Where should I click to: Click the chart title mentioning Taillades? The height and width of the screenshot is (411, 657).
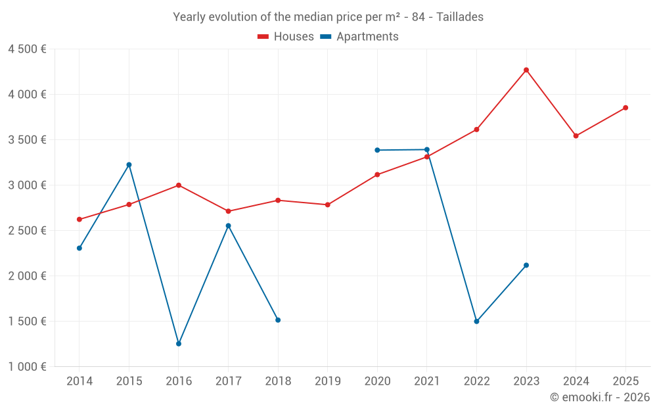(328, 17)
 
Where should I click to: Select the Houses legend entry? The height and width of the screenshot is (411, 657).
(286, 37)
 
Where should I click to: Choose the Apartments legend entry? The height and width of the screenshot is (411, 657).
(359, 37)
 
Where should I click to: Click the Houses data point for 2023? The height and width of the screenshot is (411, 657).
(526, 70)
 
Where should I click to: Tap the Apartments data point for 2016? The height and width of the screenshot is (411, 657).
(179, 344)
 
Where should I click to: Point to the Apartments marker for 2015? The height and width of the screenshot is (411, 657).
(129, 164)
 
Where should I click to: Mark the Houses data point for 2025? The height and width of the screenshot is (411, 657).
(625, 108)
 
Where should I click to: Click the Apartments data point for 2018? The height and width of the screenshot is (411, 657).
(278, 320)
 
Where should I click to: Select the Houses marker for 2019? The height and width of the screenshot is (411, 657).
(328, 205)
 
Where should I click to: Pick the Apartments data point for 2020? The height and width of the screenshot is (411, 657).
(377, 150)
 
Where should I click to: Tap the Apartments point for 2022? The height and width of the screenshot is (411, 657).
(476, 322)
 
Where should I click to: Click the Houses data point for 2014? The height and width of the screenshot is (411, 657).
(79, 220)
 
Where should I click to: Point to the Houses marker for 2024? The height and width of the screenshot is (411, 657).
(576, 136)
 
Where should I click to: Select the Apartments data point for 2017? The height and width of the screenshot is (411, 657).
(229, 226)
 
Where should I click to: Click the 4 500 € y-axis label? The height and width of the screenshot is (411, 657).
(27, 49)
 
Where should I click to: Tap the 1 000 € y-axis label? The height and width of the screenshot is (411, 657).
(27, 367)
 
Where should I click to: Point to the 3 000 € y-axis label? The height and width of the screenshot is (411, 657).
(27, 185)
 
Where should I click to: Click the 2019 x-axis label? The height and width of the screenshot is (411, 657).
(328, 381)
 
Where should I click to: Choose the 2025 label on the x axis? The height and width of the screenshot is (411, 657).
(625, 381)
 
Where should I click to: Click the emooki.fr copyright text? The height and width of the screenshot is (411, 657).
(600, 397)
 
